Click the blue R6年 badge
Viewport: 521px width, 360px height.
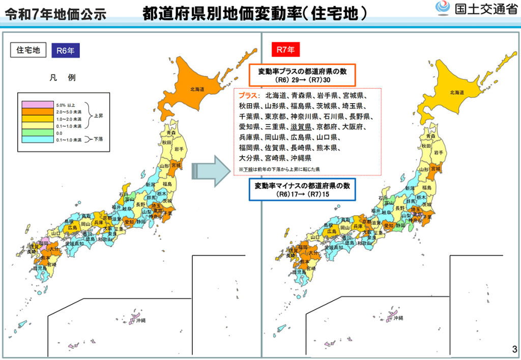pyautogui.click(x=66, y=50)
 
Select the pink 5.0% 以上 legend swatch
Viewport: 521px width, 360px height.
pyautogui.click(x=37, y=104)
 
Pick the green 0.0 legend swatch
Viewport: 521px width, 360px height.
pyautogui.click(x=37, y=133)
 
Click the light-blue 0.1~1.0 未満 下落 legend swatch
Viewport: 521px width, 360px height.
pyautogui.click(x=37, y=139)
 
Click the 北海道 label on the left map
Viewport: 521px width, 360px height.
pyautogui.click(x=197, y=89)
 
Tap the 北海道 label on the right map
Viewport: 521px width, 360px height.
pyautogui.click(x=456, y=92)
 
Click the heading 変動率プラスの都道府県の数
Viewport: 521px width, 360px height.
pyautogui.click(x=302, y=71)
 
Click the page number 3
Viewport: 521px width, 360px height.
pyautogui.click(x=514, y=349)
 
